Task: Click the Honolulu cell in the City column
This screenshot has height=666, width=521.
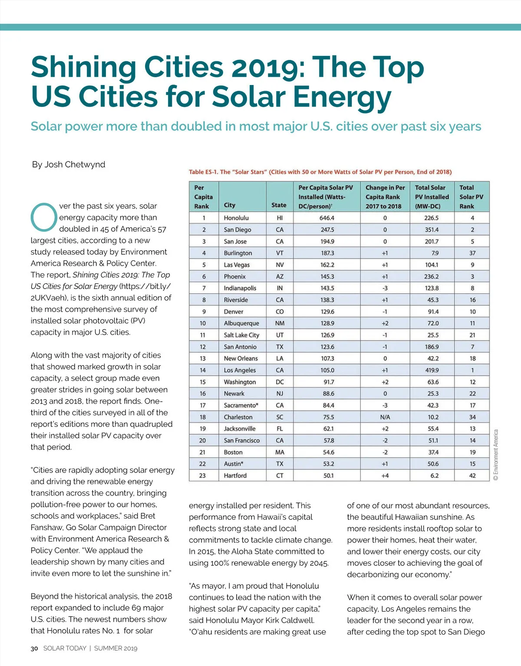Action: pyautogui.click(x=236, y=218)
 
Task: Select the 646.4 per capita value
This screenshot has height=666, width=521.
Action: pyautogui.click(x=326, y=218)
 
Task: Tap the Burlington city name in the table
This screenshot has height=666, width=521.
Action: pyautogui.click(x=237, y=253)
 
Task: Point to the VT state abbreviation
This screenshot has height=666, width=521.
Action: pyautogui.click(x=280, y=253)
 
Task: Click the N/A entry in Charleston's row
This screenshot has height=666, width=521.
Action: pyautogui.click(x=385, y=417)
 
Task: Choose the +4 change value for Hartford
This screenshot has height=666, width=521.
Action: pyautogui.click(x=385, y=476)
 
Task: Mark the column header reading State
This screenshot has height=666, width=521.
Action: pyautogui.click(x=279, y=205)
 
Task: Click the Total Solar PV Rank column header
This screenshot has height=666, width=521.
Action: pyautogui.click(x=471, y=197)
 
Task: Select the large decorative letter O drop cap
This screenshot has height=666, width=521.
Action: pyautogui.click(x=44, y=217)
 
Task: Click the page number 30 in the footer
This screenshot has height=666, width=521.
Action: pyautogui.click(x=34, y=648)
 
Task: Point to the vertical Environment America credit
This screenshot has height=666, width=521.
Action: pyautogui.click(x=496, y=454)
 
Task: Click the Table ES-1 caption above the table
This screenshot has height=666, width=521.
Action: pyautogui.click(x=320, y=172)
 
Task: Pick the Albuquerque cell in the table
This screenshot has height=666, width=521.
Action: pyautogui.click(x=241, y=323)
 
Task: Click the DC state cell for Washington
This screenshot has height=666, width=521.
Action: pyautogui.click(x=280, y=382)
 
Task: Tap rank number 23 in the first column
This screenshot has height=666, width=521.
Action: pyautogui.click(x=202, y=476)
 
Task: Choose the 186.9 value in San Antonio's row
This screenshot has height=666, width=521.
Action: pyautogui.click(x=432, y=347)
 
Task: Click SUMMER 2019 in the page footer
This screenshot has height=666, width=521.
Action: pyautogui.click(x=115, y=648)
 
